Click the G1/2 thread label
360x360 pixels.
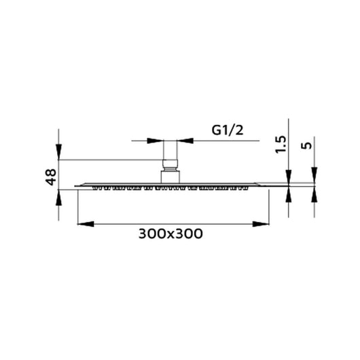228,130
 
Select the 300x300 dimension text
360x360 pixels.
170,234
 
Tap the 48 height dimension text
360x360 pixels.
51,177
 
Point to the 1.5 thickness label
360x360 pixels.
281,145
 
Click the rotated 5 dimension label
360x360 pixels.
307,145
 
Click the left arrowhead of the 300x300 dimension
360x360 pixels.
86,224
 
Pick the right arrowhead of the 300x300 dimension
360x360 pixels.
261,224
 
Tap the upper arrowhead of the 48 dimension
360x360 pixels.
59,151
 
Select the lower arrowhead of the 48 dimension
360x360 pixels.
59,197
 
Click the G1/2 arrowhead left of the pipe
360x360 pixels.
155,141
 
